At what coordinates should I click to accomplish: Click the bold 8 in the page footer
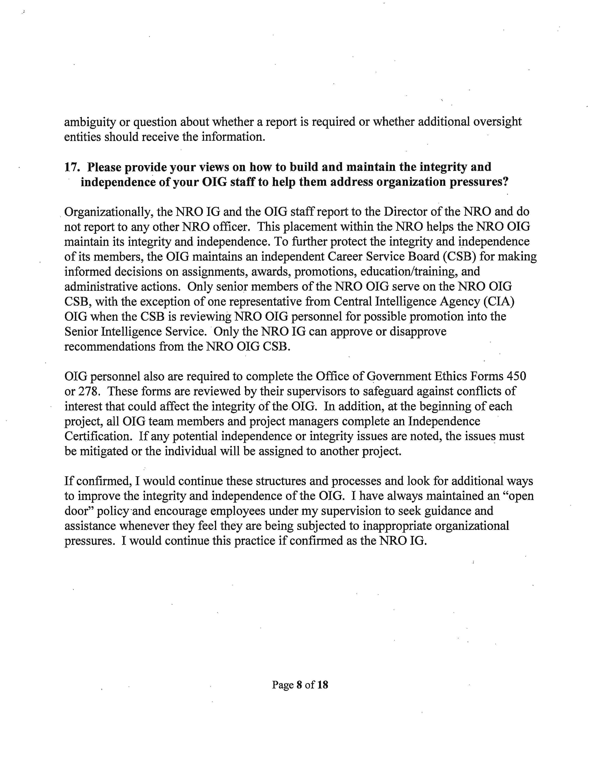(299, 695)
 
